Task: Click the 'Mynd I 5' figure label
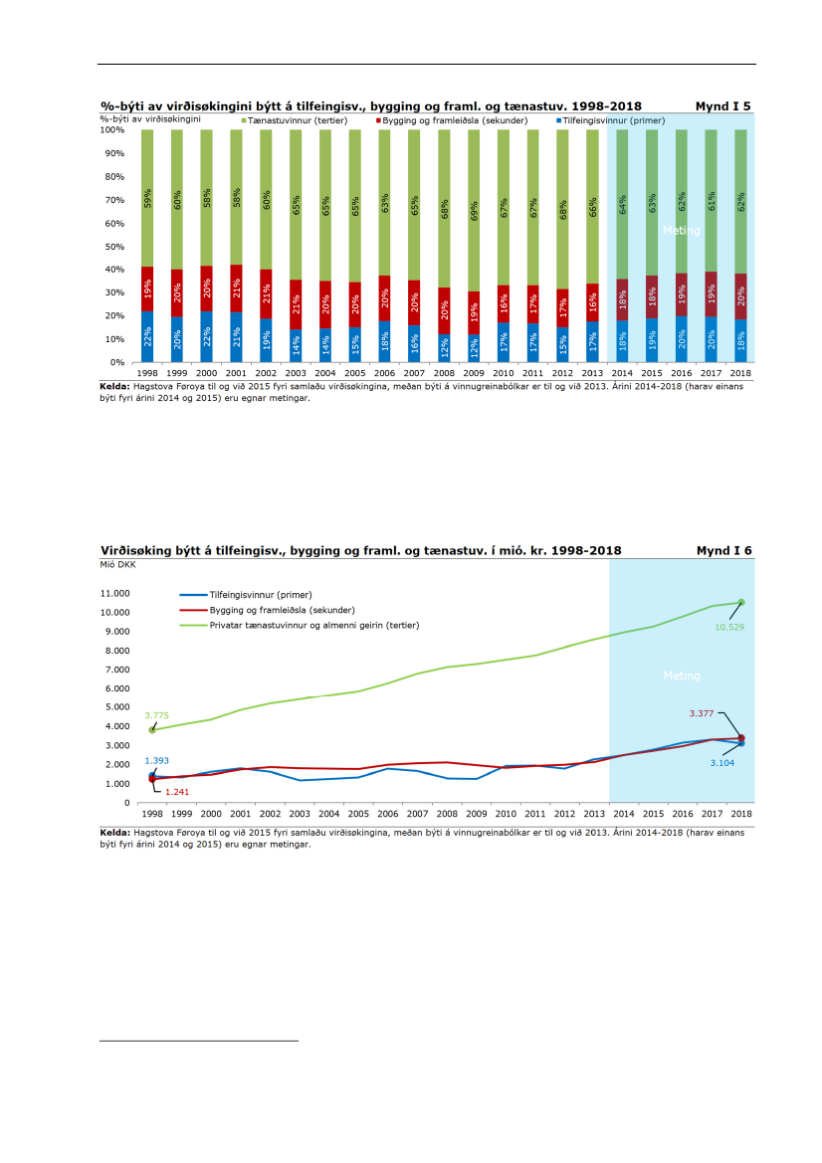pyautogui.click(x=722, y=105)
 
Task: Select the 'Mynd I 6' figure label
pyautogui.click(x=722, y=550)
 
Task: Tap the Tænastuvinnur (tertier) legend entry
pyautogui.click(x=296, y=119)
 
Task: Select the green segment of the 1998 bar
pyautogui.click(x=147, y=198)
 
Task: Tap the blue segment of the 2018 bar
pyautogui.click(x=740, y=341)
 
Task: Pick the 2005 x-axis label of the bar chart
pyautogui.click(x=355, y=372)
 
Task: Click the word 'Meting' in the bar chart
pyautogui.click(x=682, y=231)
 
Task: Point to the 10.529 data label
pyautogui.click(x=729, y=627)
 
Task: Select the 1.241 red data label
pyautogui.click(x=176, y=792)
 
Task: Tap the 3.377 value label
pyautogui.click(x=706, y=713)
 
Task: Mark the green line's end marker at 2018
pyautogui.click(x=740, y=602)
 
